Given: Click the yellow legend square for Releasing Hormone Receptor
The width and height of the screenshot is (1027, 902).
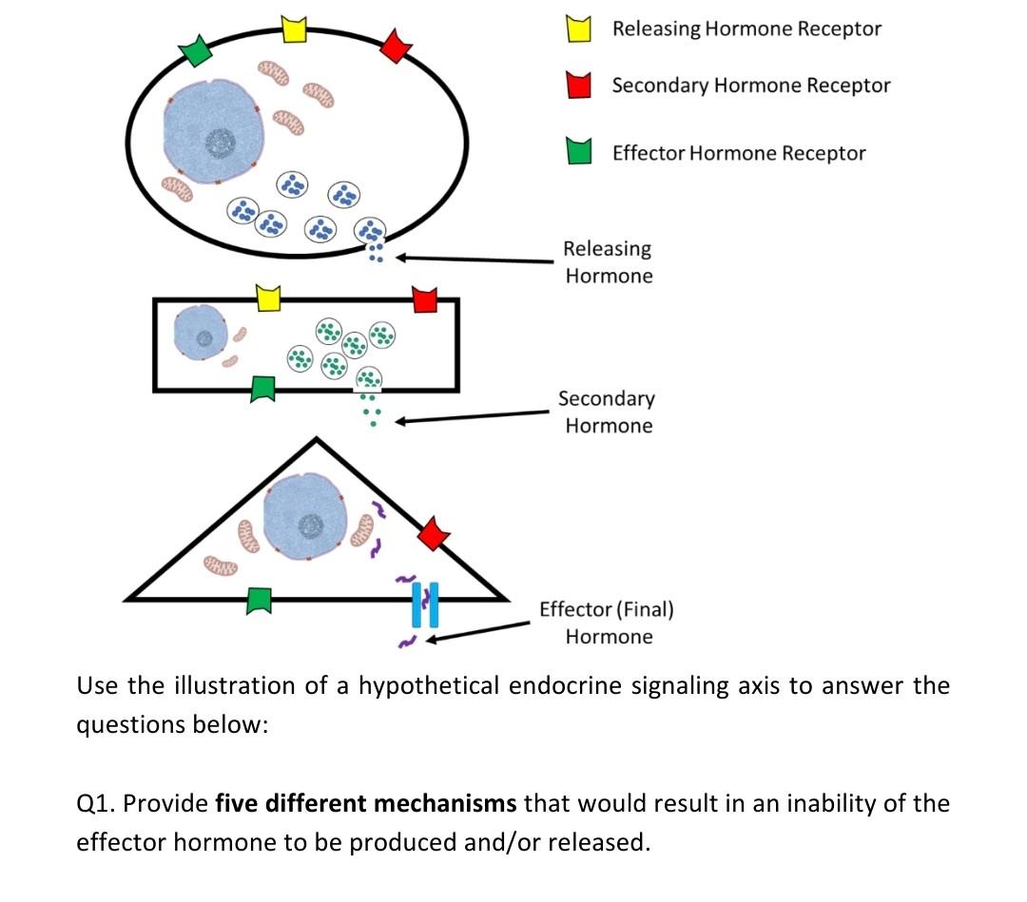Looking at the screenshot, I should tap(580, 30).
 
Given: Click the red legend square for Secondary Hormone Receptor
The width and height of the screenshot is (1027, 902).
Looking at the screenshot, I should tap(580, 86).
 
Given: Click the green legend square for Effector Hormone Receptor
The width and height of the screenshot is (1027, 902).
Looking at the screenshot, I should tap(580, 152).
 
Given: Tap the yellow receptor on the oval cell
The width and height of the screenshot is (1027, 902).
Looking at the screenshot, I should tap(296, 29).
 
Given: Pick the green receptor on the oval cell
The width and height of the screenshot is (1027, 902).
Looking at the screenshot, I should tap(197, 50).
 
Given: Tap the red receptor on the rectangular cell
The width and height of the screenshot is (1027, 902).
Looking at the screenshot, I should tap(425, 299).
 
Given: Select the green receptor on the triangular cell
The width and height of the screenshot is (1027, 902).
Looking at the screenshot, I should tap(260, 600).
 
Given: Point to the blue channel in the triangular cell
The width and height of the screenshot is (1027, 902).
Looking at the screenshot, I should tap(425, 605).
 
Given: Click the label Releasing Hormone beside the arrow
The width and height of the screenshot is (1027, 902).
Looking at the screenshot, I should tap(608, 262).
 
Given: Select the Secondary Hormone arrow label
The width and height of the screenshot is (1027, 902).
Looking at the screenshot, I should tap(608, 412).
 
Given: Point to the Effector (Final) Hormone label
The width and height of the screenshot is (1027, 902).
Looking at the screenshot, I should tap(607, 623).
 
